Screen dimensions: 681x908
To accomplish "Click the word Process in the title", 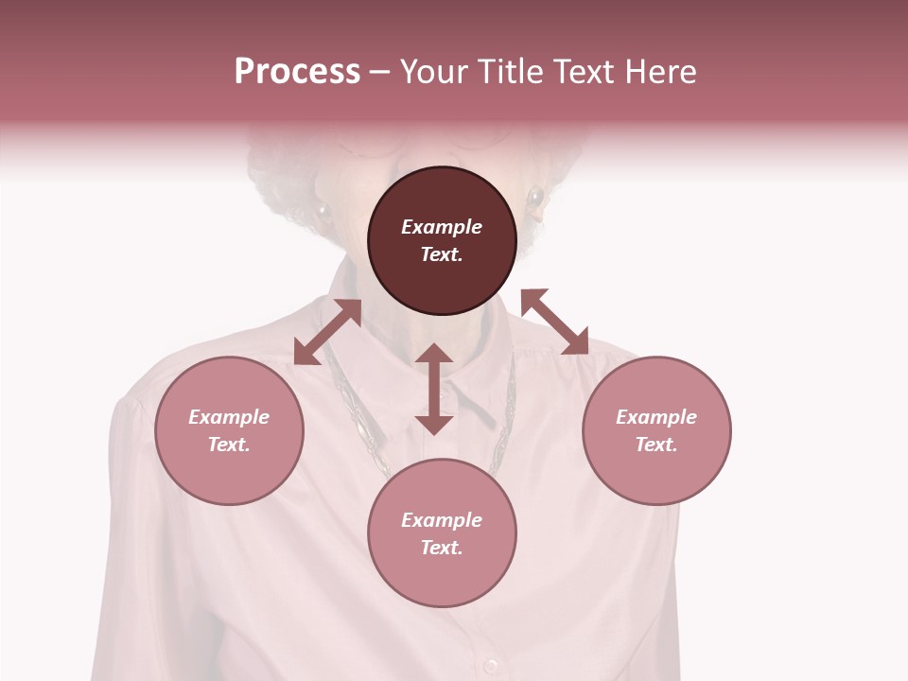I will pyautogui.click(x=297, y=72).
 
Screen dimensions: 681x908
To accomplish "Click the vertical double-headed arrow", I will pyautogui.click(x=434, y=389).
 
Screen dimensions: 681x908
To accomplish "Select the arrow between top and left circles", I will pyautogui.click(x=327, y=332).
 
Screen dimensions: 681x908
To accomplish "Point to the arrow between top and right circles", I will pyautogui.click(x=555, y=322).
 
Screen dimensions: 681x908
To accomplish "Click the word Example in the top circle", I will pyautogui.click(x=442, y=227).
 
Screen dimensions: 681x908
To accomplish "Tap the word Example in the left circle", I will pyautogui.click(x=229, y=417).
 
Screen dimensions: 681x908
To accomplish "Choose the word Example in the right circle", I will pyautogui.click(x=656, y=417).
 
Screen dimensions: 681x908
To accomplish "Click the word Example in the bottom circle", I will pyautogui.click(x=442, y=520).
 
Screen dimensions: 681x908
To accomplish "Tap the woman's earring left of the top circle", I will pyautogui.click(x=323, y=212).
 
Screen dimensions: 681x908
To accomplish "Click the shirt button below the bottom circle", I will pyautogui.click(x=490, y=665).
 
